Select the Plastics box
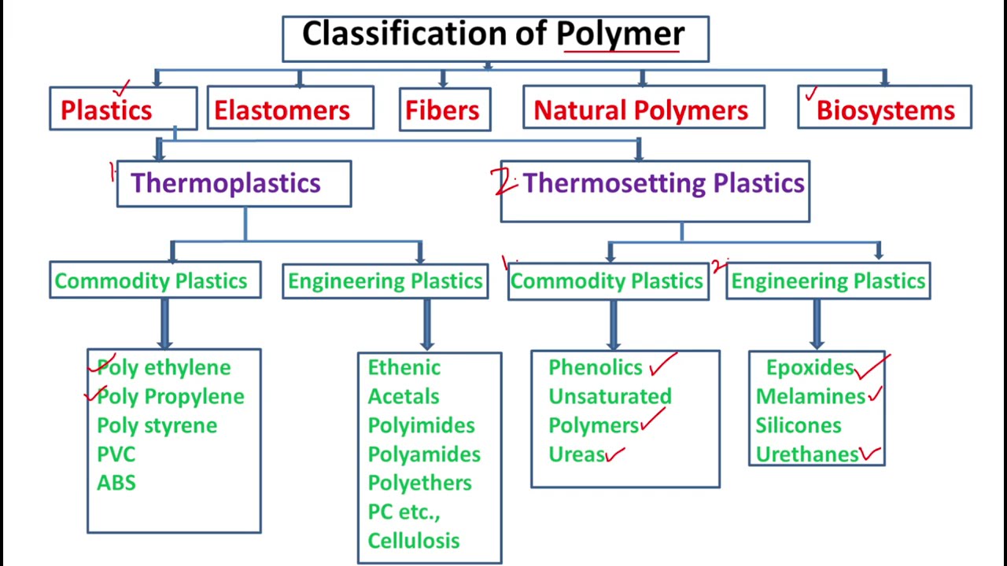[x=123, y=109]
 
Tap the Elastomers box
[x=290, y=109]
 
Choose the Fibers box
[x=444, y=109]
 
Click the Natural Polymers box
[x=644, y=109]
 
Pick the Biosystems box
[x=884, y=109]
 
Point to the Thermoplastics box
[x=234, y=184]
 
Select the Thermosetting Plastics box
[x=655, y=189]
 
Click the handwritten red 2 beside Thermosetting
[x=503, y=182]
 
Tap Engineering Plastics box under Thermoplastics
[x=385, y=281]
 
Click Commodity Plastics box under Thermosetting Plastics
[x=607, y=281]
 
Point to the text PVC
[x=116, y=454]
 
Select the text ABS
[x=116, y=483]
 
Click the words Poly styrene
[x=157, y=425]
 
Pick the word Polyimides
[x=421, y=425]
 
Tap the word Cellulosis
[x=413, y=541]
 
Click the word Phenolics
[x=595, y=367]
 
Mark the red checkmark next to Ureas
[x=615, y=454]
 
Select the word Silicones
[x=798, y=425]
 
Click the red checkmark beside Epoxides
[x=872, y=366]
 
